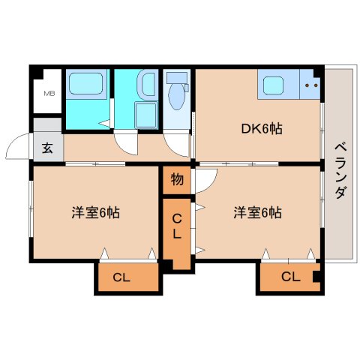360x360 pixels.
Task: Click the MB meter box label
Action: point(49,93)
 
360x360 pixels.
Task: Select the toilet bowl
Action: point(177,97)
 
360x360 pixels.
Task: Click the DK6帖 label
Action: point(261,129)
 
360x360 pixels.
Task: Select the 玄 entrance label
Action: point(47,146)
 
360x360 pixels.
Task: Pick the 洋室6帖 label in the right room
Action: point(257,212)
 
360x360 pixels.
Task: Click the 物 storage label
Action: point(176,179)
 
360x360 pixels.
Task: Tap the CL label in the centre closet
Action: point(176,226)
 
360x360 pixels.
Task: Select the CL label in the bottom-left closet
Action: point(121,277)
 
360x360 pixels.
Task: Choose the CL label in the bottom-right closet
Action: point(291,277)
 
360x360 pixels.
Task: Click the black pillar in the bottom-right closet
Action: point(316,277)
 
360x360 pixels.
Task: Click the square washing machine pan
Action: point(145,115)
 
